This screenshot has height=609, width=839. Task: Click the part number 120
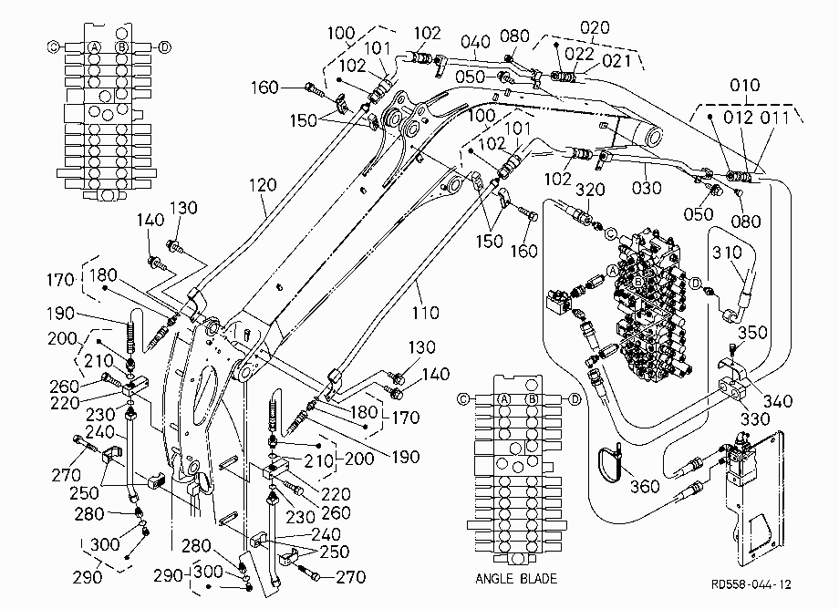coord(263,186)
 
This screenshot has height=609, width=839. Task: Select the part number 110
coord(425,313)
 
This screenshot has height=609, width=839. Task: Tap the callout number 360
coord(645,486)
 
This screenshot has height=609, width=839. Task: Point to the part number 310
coord(727,252)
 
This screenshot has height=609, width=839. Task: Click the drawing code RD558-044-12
coord(751,584)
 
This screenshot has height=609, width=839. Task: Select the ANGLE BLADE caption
coord(516,579)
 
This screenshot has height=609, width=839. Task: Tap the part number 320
coord(590,190)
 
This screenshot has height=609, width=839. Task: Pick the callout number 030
coord(647,188)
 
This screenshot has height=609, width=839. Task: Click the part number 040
coord(476,41)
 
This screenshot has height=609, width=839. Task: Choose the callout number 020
coord(595,27)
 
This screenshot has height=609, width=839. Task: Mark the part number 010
coord(745,85)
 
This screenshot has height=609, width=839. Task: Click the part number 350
coord(753,333)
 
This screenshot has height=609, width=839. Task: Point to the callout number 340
coord(778,401)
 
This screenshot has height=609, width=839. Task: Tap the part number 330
coord(755,418)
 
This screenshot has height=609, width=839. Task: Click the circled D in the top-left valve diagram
coord(165,47)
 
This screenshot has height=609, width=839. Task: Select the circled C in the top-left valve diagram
coord(54,47)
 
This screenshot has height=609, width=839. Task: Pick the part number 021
coord(616,61)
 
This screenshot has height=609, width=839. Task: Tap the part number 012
coord(739,118)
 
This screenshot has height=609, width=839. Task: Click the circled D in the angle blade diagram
coord(575,399)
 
